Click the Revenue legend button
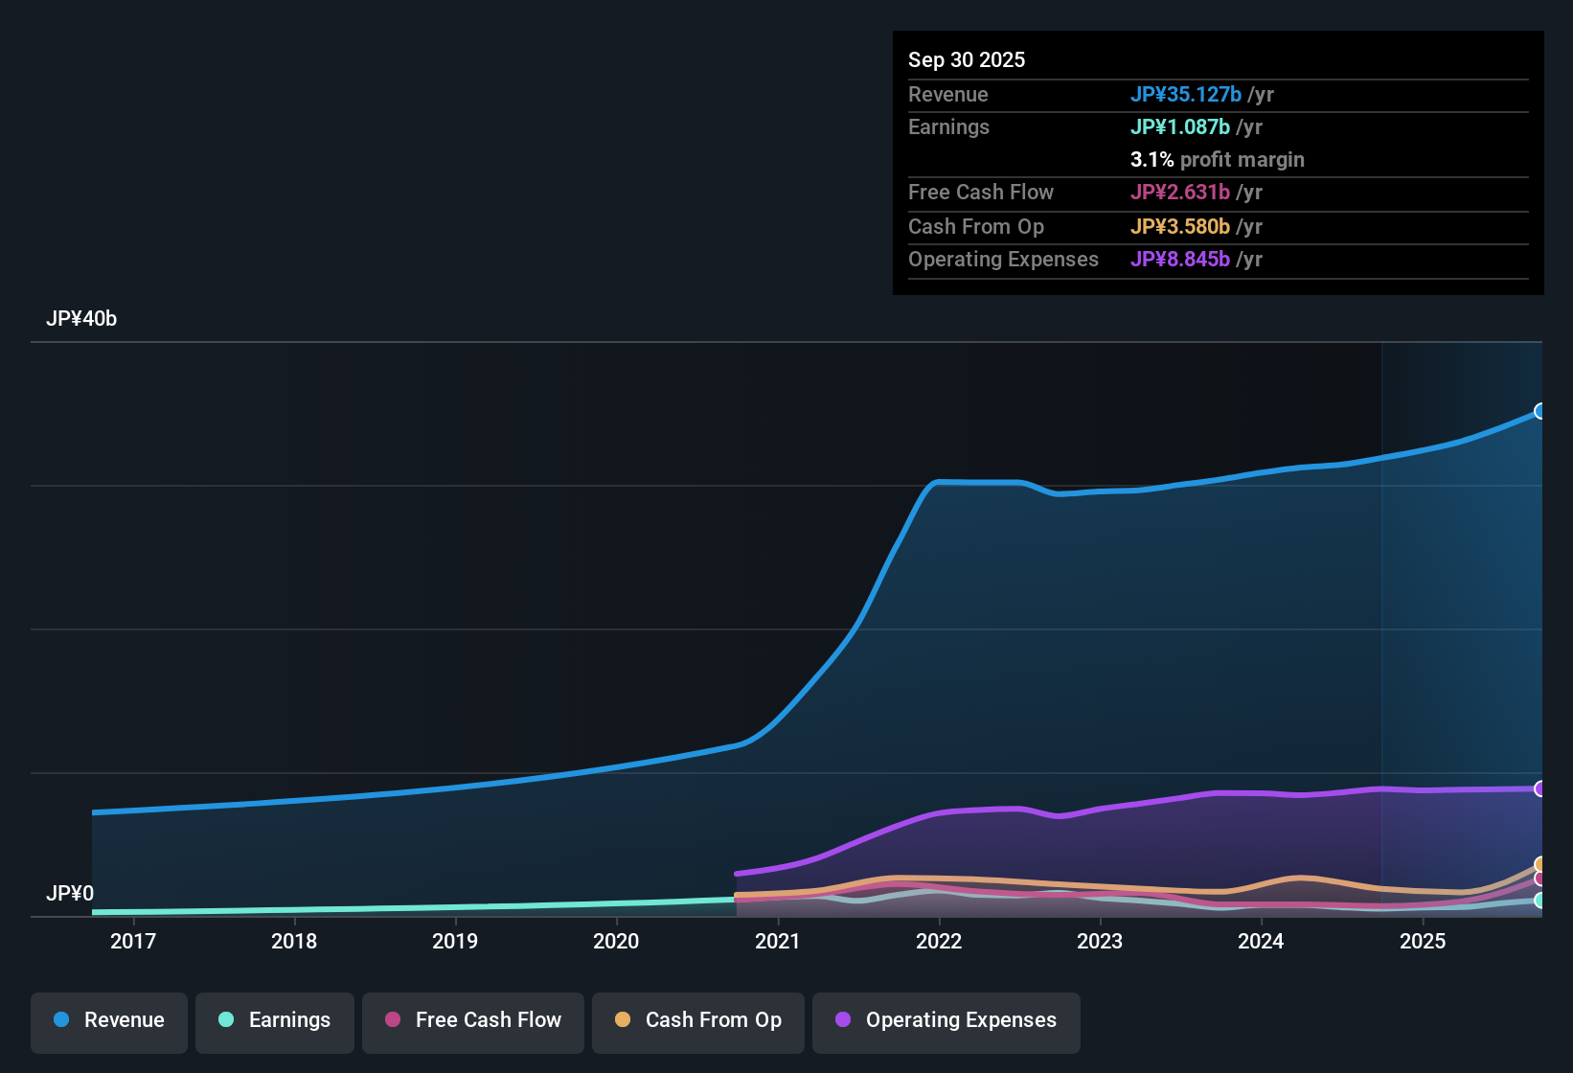pos(109,1020)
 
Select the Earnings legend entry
pos(275,1020)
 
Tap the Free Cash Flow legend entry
pos(473,1020)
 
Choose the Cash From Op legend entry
pos(698,1020)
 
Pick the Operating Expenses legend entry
pos(946,1020)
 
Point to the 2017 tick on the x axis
pos(133,941)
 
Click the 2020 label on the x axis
pos(616,941)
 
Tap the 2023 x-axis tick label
pos(1100,941)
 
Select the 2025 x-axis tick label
pos(1423,941)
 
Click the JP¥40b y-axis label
pos(81,319)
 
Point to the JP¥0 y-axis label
pos(70,894)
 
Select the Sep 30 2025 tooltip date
pos(967,59)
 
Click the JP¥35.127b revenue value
pos(1186,94)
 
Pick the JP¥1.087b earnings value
pos(1180,126)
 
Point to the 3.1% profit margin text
pos(1218,159)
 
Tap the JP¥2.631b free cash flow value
pos(1180,192)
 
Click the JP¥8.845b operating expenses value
pos(1180,259)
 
